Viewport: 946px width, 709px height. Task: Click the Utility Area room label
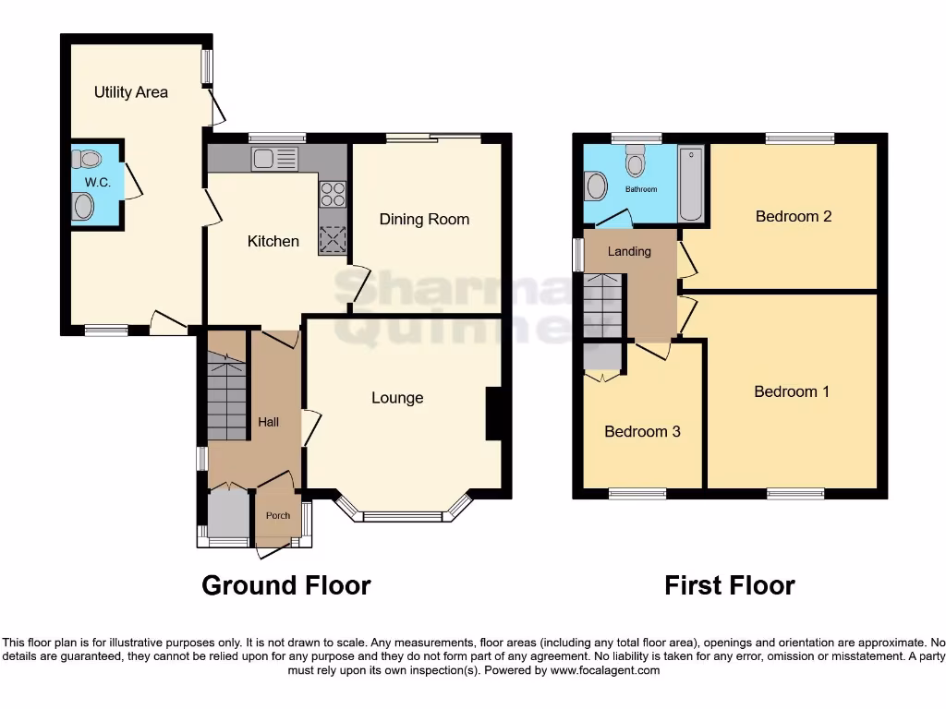coord(131,92)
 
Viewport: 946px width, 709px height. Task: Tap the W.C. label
coord(98,183)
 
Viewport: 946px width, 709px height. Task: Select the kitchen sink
coord(273,158)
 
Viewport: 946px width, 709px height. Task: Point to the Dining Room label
coord(424,220)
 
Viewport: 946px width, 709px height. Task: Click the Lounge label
coord(397,398)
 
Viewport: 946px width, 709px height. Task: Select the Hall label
coord(268,422)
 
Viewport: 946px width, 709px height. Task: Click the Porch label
coord(277,516)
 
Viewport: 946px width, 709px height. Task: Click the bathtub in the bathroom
coord(690,184)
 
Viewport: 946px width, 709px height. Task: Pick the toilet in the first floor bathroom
coord(635,163)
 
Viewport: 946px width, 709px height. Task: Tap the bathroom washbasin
coord(596,187)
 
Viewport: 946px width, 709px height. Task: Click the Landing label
coord(629,251)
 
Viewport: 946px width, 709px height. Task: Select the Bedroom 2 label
coord(794,217)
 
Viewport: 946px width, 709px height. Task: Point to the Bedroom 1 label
coord(792,391)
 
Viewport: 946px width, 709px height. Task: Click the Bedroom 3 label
coord(642,431)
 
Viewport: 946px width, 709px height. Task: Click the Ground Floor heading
coord(286,585)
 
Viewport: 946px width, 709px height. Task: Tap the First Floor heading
coord(729,585)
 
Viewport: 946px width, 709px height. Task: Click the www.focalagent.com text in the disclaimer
coord(605,671)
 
